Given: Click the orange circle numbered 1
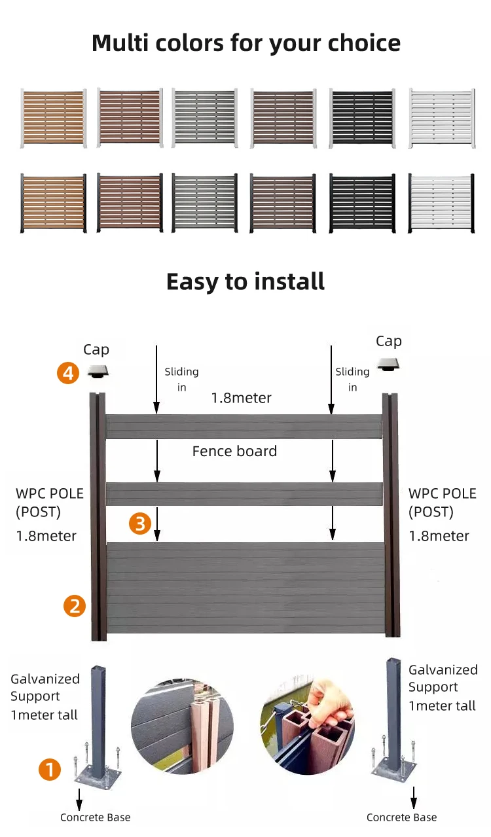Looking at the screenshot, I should pos(50,769).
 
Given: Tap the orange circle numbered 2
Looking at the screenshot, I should pos(75,605).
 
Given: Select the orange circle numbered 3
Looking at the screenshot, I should pos(140,523).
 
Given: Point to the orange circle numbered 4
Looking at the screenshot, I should pos(68,373).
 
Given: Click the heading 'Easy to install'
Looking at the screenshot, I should pos(245,281).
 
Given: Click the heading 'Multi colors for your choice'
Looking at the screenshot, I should pos(245,43).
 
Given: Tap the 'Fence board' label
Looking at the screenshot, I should pos(234,451).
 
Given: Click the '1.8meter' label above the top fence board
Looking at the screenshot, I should pos(241,398).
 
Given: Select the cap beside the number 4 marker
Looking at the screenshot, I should pos(98,372).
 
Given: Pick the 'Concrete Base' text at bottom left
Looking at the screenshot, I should pos(95,817).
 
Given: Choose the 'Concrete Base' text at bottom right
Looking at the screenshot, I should pos(401,817).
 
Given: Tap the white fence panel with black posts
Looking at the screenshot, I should pos(441,203).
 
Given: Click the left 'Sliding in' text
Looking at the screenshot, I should pos(181,379).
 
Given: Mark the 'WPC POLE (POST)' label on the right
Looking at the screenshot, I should pos(442,502).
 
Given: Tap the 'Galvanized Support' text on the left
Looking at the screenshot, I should pos(45,688).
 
